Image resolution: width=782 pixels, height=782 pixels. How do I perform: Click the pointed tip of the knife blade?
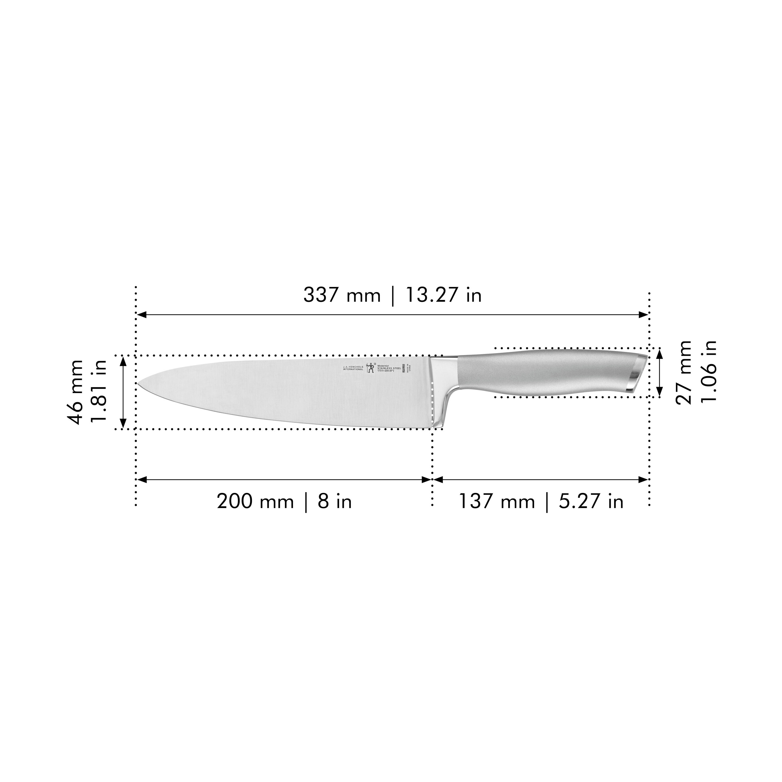138,383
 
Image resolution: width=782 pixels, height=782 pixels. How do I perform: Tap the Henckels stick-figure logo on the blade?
370,367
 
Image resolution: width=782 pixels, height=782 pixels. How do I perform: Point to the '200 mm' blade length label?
255,502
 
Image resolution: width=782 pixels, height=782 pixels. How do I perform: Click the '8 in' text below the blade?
335,502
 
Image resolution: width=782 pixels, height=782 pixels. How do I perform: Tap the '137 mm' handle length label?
497,502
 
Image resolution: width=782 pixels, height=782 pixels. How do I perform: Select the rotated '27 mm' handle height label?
684,372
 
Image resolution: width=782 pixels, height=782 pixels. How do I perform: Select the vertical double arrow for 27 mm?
659,373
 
